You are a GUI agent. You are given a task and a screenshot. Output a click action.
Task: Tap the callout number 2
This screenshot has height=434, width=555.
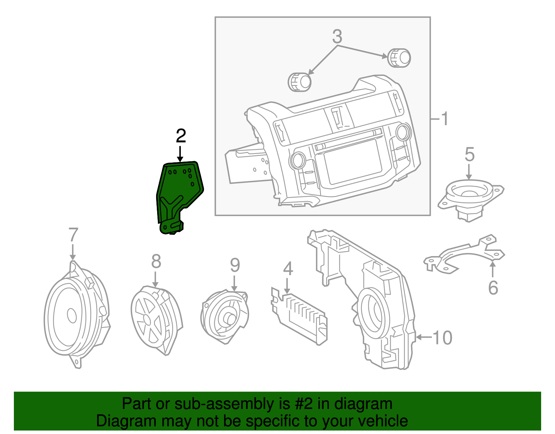[181, 136]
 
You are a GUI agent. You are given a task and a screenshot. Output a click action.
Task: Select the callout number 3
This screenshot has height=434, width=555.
[337, 37]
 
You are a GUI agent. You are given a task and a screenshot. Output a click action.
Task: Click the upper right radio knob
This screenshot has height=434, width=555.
[399, 58]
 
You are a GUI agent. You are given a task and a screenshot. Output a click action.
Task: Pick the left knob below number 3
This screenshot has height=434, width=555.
[300, 82]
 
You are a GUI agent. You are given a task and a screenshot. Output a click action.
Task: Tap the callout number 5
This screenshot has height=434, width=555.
[469, 154]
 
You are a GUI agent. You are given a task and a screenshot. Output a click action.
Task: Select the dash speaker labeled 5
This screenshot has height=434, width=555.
[470, 196]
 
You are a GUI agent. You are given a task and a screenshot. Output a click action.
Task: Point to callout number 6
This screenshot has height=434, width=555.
[493, 288]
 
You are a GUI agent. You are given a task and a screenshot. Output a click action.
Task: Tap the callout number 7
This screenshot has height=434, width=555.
[73, 235]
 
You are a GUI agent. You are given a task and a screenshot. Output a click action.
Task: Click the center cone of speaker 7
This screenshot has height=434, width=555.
[72, 316]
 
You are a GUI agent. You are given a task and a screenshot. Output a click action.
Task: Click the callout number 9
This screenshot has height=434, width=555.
[235, 266]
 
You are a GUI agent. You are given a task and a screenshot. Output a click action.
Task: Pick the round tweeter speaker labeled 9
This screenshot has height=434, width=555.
[225, 316]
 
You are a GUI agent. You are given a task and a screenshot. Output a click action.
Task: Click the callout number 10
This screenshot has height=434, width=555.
[442, 338]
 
